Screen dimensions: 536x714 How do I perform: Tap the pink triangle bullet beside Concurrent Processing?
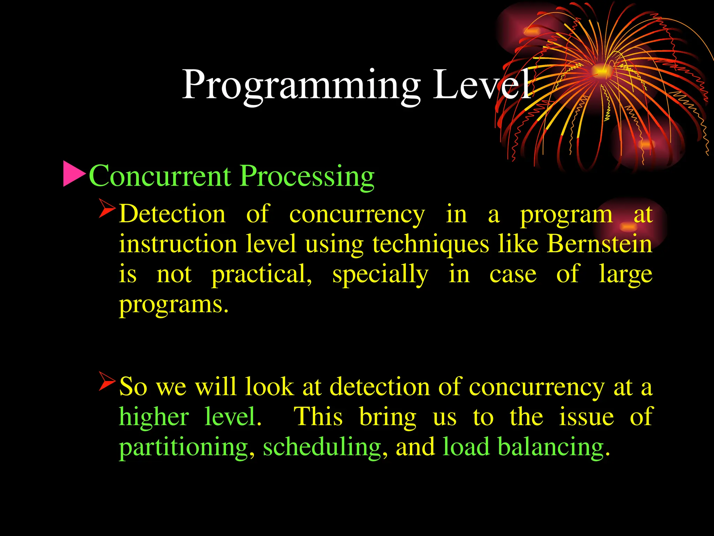tap(74, 173)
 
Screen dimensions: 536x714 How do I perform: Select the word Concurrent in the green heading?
tap(160, 176)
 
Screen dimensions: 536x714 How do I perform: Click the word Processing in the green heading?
tap(307, 177)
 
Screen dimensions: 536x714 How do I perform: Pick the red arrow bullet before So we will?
tap(107, 381)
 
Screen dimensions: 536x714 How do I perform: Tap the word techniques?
tap(431, 244)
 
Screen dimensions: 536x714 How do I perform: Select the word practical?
tap(261, 275)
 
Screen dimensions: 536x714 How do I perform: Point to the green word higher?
tap(154, 417)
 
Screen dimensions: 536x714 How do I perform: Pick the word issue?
tap(586, 417)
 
